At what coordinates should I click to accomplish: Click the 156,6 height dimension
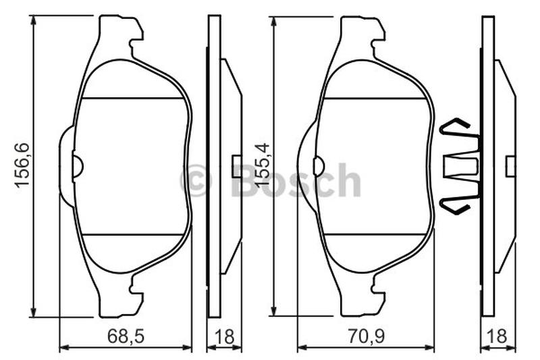[x=22, y=165]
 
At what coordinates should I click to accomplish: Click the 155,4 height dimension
[x=262, y=165]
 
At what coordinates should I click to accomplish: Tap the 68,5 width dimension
[x=126, y=336]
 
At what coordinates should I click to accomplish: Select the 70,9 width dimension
[x=366, y=336]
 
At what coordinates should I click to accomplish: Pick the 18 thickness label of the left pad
[x=225, y=336]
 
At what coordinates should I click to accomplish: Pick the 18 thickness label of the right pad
[x=498, y=336]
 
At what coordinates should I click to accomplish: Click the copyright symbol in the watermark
[x=196, y=180]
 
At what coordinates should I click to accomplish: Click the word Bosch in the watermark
[x=296, y=179]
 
